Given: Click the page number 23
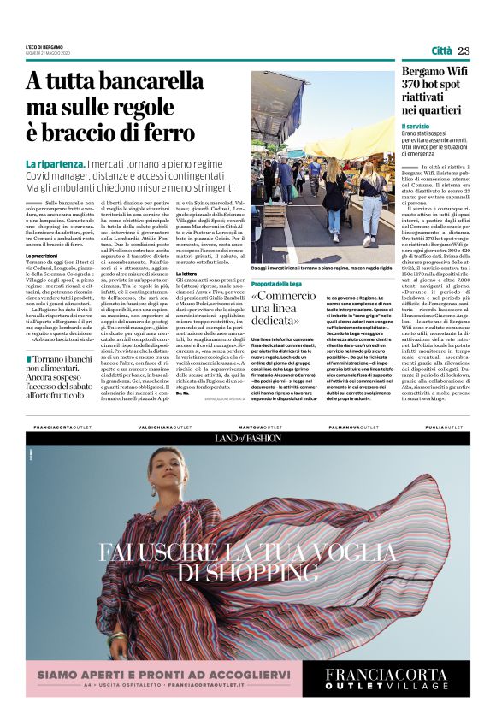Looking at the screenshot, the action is [x=464, y=51].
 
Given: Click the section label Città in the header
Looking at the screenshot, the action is [x=441, y=51].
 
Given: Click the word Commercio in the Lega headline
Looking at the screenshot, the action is [x=286, y=296].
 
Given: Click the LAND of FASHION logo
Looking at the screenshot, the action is [x=247, y=439].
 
